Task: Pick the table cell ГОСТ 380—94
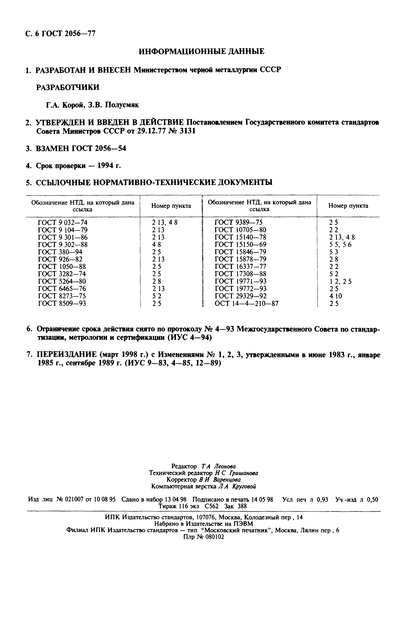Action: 60,252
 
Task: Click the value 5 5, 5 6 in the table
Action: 340,245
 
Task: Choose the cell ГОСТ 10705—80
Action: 240,230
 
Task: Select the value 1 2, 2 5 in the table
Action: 340,281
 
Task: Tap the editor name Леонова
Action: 225,466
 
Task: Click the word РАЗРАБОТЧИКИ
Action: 67,88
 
